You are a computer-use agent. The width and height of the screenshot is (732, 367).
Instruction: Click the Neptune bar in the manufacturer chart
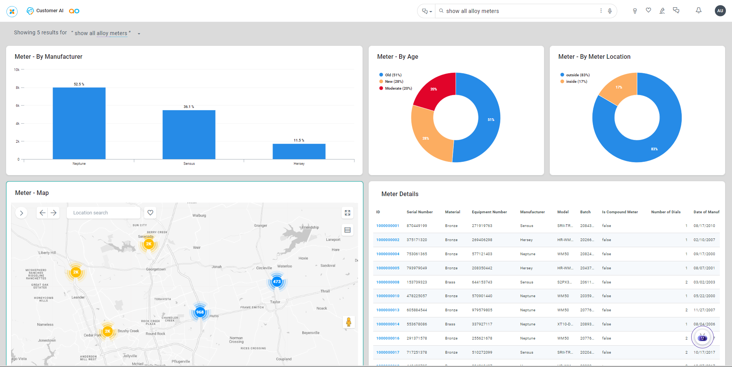(79, 123)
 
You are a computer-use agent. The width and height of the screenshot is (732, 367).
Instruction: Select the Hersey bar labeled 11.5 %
(299, 151)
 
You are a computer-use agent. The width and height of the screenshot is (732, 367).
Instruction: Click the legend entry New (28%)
(393, 82)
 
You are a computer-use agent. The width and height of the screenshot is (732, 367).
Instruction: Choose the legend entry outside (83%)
(577, 75)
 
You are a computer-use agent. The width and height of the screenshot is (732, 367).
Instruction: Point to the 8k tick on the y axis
(18, 88)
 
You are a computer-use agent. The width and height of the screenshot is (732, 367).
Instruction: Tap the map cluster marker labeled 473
(277, 282)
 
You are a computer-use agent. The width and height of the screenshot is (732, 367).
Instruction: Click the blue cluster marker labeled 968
(200, 312)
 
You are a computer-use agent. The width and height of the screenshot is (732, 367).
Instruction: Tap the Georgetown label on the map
(156, 269)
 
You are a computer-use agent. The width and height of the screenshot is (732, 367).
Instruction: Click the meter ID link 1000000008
(388, 282)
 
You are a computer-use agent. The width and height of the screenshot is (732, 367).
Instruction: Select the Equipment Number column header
(489, 212)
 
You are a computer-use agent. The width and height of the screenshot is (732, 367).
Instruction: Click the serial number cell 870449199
(417, 226)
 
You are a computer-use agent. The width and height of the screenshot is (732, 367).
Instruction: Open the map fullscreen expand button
(347, 213)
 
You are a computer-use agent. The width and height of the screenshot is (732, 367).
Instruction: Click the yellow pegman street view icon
(348, 322)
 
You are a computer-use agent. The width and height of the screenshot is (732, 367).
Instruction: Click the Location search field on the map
(103, 213)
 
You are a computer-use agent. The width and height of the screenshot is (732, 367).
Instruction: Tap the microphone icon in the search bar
(610, 11)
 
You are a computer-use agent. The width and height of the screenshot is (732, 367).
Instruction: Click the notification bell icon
(698, 11)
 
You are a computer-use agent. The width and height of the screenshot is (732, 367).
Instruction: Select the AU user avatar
(720, 11)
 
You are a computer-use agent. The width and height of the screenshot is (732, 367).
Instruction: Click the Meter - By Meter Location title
(594, 57)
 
